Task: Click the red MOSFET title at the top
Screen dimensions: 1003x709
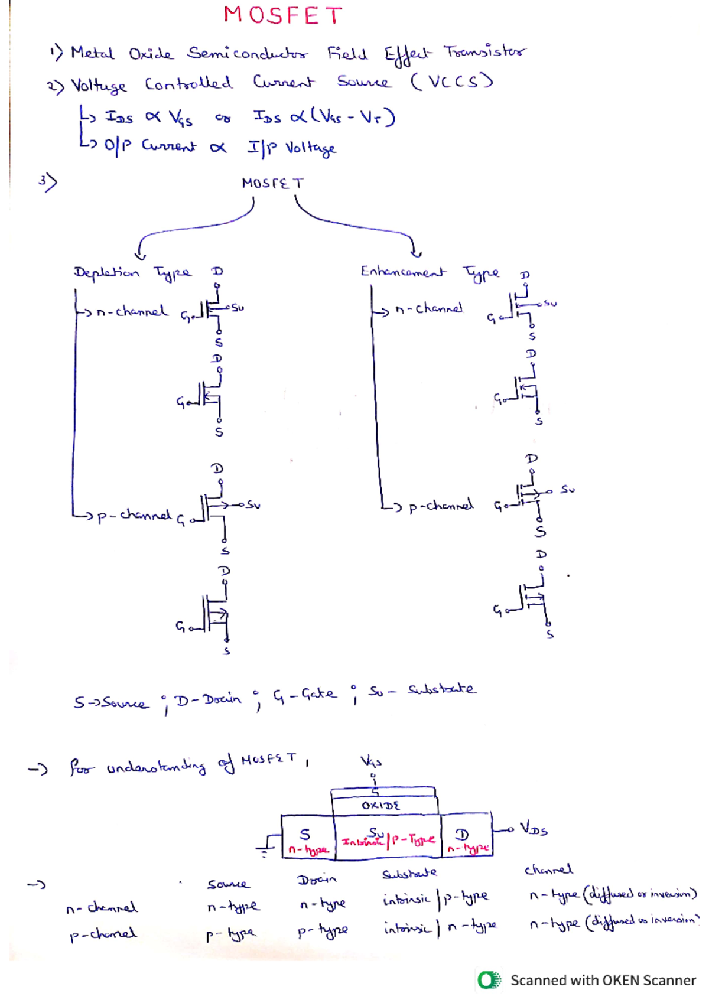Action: (282, 16)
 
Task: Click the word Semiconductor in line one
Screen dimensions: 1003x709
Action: (248, 54)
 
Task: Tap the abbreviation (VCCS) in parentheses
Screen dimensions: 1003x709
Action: (452, 81)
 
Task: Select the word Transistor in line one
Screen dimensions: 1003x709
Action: (484, 52)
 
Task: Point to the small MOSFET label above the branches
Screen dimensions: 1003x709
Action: (272, 183)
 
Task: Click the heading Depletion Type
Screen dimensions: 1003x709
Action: (132, 272)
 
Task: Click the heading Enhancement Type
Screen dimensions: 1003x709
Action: (430, 272)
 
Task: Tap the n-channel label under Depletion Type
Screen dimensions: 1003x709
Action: (132, 311)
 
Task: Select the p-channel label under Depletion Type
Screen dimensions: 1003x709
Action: (134, 516)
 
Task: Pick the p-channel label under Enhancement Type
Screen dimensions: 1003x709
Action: (441, 506)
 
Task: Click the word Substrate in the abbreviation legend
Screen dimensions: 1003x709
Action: (441, 689)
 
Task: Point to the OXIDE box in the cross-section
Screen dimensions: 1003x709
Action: (381, 806)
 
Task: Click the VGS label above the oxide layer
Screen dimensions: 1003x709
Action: (371, 761)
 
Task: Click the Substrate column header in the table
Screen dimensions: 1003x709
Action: (409, 873)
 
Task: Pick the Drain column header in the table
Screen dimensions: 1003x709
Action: (317, 880)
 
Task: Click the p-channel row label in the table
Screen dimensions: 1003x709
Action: (103, 934)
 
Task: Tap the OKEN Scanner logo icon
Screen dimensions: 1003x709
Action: (489, 980)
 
